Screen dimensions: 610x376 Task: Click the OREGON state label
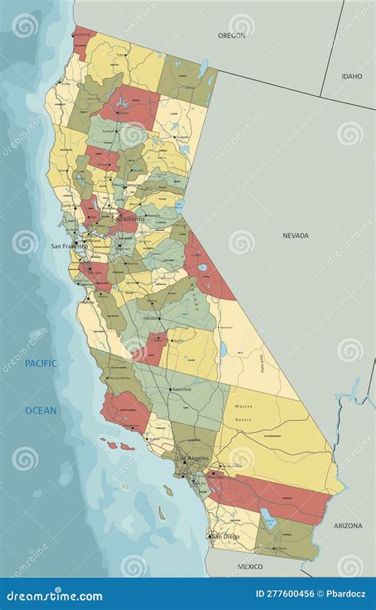click(232, 35)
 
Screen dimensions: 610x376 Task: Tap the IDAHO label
click(352, 76)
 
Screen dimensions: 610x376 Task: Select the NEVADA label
click(296, 235)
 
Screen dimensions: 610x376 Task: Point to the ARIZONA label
click(347, 526)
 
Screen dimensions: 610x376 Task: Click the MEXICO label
click(250, 566)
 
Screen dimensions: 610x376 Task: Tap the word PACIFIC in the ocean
click(40, 363)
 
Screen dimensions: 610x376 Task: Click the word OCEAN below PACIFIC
click(40, 411)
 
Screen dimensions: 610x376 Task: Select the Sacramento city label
click(128, 218)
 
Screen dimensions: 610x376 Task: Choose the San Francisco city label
click(70, 246)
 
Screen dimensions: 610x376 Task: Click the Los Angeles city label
click(193, 458)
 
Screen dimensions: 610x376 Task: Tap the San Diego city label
click(224, 536)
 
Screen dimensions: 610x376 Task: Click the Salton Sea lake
click(270, 522)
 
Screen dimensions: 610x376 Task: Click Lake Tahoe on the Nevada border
click(179, 206)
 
